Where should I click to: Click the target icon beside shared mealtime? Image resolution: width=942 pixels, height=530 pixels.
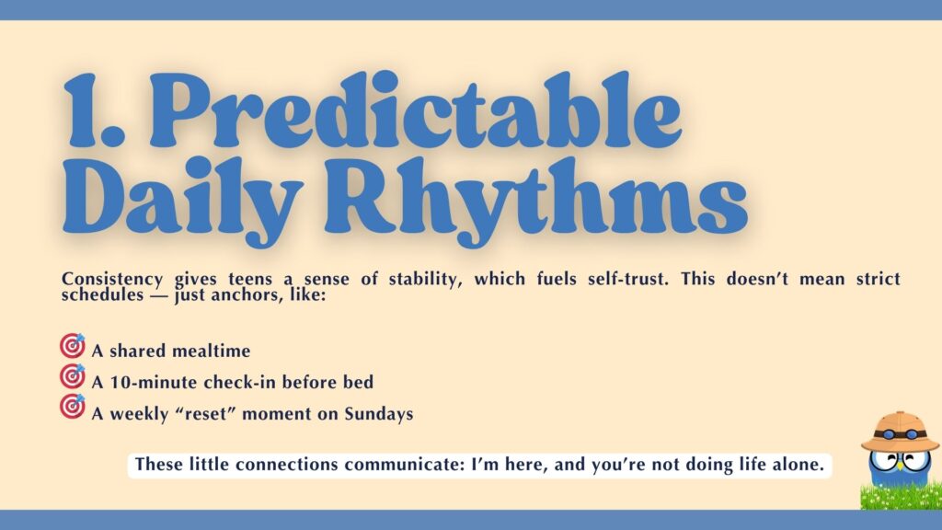[x=72, y=347]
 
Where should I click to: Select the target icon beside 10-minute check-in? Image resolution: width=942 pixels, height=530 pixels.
[x=72, y=376]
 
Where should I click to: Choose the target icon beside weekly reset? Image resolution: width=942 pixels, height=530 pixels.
[x=72, y=407]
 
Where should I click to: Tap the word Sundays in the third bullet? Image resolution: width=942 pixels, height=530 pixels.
[x=379, y=413]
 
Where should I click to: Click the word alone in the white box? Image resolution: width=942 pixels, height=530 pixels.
[x=798, y=465]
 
